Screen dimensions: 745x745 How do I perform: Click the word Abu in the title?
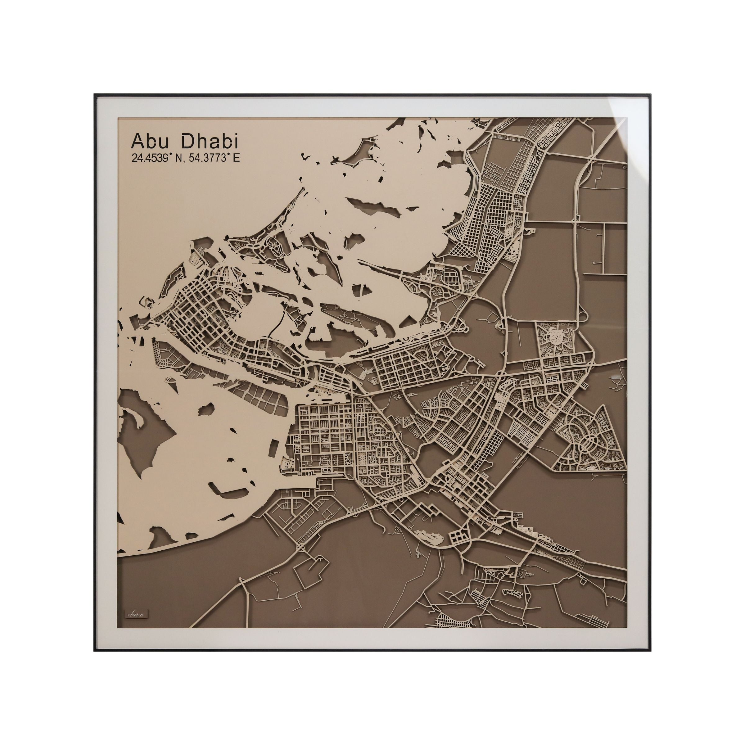point(150,142)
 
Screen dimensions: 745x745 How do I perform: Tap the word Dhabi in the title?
point(210,142)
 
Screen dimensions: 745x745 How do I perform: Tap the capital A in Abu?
point(137,142)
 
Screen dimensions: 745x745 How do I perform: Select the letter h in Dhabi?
point(201,142)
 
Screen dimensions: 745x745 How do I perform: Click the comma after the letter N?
point(183,161)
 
